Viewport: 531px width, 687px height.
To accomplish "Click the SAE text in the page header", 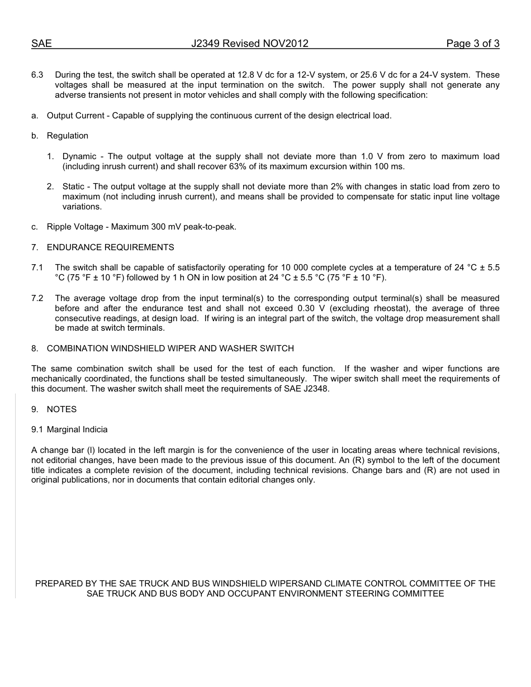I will pyautogui.click(x=41, y=44).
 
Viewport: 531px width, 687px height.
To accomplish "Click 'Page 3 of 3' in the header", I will pyautogui.click(x=472, y=44).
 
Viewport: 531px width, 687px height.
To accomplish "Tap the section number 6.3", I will pyautogui.click(x=37, y=75).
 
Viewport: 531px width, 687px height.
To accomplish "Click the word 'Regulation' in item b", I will pyautogui.click(x=68, y=136).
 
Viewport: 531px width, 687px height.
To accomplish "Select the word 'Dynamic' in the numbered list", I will pyautogui.click(x=79, y=156).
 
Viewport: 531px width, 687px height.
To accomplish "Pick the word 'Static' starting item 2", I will pyautogui.click(x=74, y=187).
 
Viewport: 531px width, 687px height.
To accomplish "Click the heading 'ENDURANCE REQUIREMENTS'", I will pyautogui.click(x=111, y=247).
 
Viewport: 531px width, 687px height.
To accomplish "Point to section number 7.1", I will pyautogui.click(x=37, y=268).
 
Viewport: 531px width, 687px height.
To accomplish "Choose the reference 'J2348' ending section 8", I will pyautogui.click(x=317, y=389).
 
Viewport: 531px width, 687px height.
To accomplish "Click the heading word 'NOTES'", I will pyautogui.click(x=61, y=409).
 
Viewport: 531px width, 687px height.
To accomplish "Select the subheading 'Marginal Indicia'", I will pyautogui.click(x=77, y=430).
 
